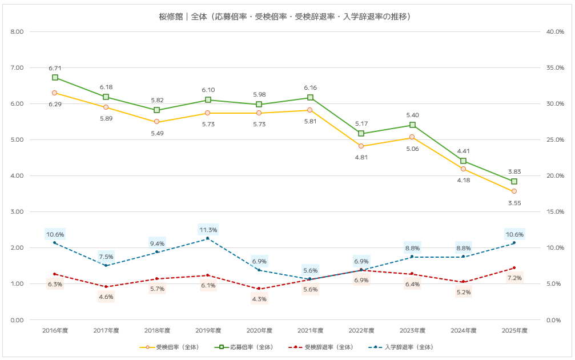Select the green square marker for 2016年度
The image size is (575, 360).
pyautogui.click(x=55, y=77)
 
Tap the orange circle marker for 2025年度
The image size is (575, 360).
pyautogui.click(x=514, y=191)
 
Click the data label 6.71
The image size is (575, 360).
pyautogui.click(x=55, y=69)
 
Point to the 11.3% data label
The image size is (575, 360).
pyautogui.click(x=208, y=230)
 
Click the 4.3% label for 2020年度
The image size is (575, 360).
pyautogui.click(x=259, y=299)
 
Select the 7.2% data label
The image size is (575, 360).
pyautogui.click(x=514, y=278)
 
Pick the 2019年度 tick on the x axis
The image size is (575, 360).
pyautogui.click(x=208, y=330)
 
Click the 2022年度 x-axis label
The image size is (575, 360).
pyautogui.click(x=361, y=330)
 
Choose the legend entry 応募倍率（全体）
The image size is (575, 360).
pyautogui.click(x=252, y=347)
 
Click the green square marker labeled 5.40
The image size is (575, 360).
pyautogui.click(x=412, y=125)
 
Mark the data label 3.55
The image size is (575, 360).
pyautogui.click(x=514, y=202)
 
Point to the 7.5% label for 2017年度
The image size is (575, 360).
pyautogui.click(x=106, y=256)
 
